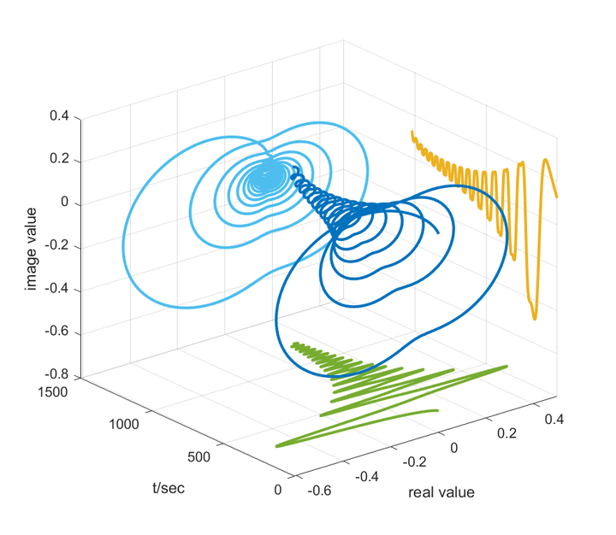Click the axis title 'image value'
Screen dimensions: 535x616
coord(32,246)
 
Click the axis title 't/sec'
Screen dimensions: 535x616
coord(169,488)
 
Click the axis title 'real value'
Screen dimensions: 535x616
coord(441,492)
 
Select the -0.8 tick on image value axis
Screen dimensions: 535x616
coord(56,375)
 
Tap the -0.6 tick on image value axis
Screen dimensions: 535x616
coord(56,332)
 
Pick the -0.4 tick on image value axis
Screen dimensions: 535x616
coord(56,290)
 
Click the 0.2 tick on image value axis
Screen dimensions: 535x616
coord(58,160)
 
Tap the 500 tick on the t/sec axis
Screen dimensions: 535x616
coord(198,456)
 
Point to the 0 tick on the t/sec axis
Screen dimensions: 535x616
coord(277,490)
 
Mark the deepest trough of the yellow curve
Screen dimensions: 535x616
coord(535,319)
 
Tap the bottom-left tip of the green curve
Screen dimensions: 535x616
coord(276,446)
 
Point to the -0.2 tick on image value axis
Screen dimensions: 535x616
coord(56,247)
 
